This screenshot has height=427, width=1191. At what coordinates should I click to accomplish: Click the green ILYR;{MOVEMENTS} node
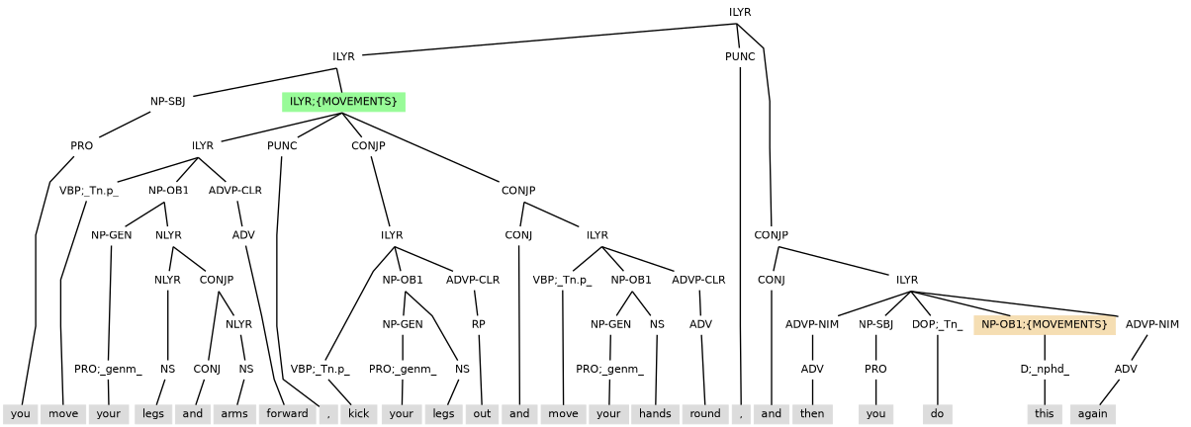pos(343,102)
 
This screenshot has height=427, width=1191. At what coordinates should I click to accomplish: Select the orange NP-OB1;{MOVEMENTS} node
pos(1045,324)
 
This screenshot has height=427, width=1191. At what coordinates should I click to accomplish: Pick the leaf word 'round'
pos(704,414)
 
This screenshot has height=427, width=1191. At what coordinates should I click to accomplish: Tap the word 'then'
pos(812,414)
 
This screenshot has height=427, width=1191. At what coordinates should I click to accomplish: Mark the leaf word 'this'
pos(1045,414)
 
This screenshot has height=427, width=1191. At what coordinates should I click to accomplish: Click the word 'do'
pos(936,414)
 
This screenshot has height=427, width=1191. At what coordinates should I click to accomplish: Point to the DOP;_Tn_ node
pos(936,324)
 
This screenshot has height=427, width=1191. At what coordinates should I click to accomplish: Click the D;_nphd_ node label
pos(1045,370)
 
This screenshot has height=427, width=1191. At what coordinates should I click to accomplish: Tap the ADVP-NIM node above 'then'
pos(812,324)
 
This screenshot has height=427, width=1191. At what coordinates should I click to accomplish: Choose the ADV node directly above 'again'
pos(1126,370)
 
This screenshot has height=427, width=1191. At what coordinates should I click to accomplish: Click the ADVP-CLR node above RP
pos(473,280)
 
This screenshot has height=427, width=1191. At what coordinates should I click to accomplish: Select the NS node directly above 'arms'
pos(246,370)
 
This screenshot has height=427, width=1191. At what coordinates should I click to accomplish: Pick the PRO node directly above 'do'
pos(875,370)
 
